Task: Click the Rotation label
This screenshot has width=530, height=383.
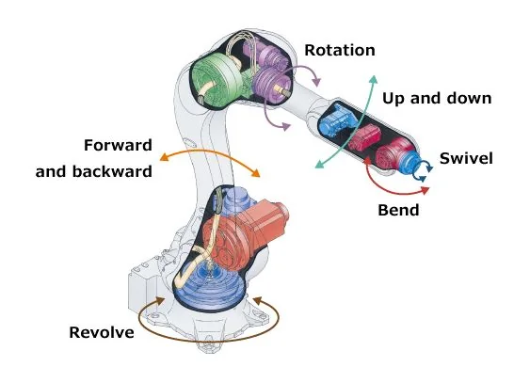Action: click(x=340, y=50)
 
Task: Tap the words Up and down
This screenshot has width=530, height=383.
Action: click(x=437, y=98)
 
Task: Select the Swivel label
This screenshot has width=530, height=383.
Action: click(x=466, y=158)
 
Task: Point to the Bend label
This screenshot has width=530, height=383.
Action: click(x=398, y=210)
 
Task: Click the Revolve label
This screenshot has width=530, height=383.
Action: click(x=102, y=332)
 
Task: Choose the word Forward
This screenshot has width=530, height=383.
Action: click(x=118, y=145)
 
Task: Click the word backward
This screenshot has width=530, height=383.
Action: click(x=112, y=171)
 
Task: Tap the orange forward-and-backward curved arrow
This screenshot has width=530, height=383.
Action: click(x=210, y=152)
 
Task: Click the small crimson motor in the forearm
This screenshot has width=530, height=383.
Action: click(x=364, y=137)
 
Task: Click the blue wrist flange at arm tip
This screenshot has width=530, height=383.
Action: click(x=409, y=162)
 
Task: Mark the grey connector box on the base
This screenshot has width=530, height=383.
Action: click(x=143, y=288)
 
